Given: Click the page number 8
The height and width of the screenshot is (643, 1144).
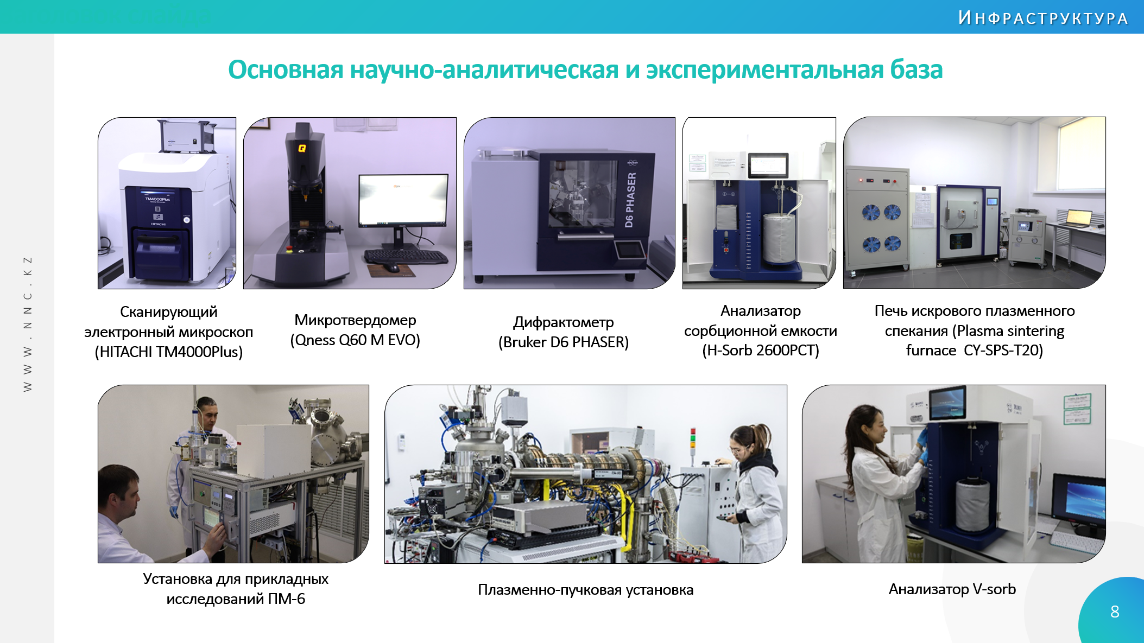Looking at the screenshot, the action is point(1115,612).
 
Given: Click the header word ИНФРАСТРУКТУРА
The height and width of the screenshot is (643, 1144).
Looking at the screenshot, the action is point(1043,18).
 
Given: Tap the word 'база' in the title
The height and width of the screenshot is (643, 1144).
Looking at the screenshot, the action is point(916,69).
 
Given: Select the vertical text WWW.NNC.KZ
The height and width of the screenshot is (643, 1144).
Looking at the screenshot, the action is point(28,324).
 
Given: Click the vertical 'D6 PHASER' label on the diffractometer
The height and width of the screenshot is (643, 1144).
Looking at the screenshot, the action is point(630,200).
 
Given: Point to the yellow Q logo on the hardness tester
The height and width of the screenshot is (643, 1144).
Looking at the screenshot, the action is point(302,148).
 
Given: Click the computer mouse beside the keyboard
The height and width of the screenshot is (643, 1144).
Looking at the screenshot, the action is point(391,268).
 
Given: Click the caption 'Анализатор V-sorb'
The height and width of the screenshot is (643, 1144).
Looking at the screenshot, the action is point(952,589).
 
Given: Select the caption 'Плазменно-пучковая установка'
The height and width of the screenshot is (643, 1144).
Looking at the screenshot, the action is point(586,590).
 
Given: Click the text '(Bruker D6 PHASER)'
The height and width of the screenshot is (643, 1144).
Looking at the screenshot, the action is point(564,342).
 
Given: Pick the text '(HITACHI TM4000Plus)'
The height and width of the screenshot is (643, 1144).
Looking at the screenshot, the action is point(169,352).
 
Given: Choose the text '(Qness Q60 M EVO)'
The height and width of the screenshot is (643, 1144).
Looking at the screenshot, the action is point(355,340).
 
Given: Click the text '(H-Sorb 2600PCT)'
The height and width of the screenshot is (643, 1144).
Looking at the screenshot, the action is point(761,351).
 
